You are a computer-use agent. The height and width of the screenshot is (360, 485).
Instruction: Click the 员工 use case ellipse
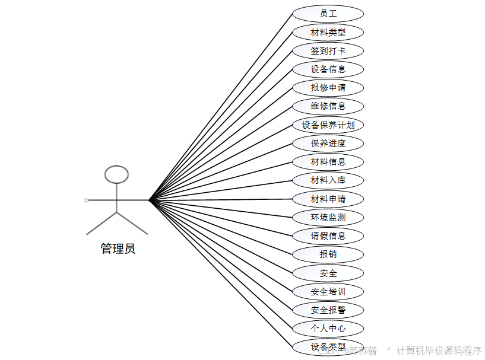tap(328, 14)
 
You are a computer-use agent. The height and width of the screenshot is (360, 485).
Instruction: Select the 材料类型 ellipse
tap(328, 32)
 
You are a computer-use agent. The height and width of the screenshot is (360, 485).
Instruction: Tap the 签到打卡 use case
tap(328, 51)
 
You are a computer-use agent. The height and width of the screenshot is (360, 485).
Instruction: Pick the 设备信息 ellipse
tap(328, 69)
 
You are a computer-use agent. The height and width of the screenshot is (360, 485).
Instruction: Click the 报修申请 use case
tap(328, 88)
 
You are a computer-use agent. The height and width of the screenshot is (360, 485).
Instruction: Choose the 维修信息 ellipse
tap(328, 106)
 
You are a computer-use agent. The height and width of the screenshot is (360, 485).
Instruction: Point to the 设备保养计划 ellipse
tap(328, 125)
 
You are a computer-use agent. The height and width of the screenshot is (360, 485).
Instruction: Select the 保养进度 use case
tap(328, 143)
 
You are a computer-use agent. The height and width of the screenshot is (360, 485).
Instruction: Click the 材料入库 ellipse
tap(328, 180)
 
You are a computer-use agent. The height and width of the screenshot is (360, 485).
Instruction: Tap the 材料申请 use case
tap(328, 199)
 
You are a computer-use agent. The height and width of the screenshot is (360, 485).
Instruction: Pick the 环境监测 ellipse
tap(328, 217)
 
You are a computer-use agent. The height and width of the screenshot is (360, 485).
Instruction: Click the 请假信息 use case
tap(328, 235)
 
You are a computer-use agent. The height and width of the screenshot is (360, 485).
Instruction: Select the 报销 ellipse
tap(328, 254)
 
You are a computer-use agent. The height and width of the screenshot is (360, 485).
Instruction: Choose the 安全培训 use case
tap(328, 292)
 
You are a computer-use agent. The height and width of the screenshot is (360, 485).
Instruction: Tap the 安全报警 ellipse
tap(328, 310)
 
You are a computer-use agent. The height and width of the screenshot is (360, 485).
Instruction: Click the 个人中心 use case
tap(328, 329)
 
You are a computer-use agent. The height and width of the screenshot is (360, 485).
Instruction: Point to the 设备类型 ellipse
tap(328, 346)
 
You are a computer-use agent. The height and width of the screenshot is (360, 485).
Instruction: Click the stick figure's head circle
tap(116, 174)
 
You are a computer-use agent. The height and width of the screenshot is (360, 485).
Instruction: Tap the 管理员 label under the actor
tap(118, 249)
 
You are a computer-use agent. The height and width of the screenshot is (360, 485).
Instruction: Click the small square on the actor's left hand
tap(87, 200)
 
